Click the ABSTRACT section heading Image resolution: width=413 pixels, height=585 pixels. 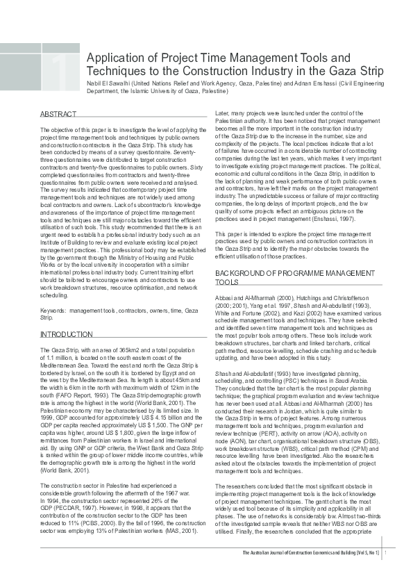pyautogui.click(x=53, y=113)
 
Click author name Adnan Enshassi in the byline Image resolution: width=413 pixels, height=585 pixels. pyautogui.click(x=315, y=82)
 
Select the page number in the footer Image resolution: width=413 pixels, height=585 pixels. pyautogui.click(x=385, y=572)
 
